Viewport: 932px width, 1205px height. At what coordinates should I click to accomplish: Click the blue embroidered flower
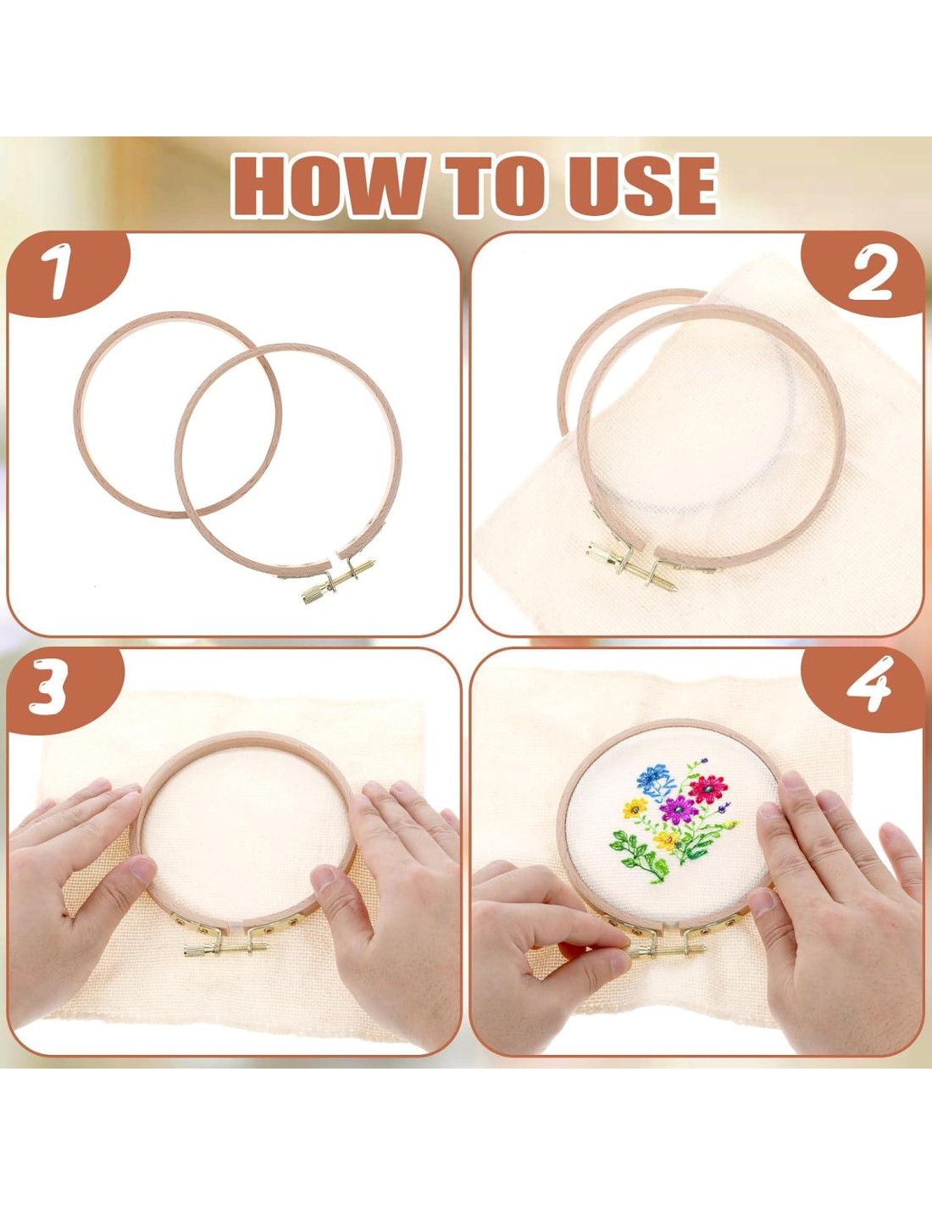click(x=656, y=775)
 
